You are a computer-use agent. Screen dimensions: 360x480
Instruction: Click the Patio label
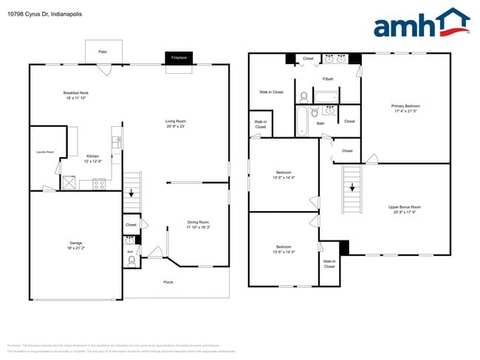103,52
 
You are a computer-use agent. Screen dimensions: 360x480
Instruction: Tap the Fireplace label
179,57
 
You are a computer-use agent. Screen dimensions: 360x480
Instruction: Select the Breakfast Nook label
75,95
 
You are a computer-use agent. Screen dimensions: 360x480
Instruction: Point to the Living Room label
175,123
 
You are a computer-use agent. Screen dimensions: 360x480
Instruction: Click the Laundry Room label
45,152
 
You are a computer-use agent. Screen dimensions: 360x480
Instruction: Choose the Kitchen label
92,158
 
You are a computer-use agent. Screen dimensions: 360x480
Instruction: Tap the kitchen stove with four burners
98,184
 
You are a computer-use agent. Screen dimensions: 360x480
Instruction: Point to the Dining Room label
198,224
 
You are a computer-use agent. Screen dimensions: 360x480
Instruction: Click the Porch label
168,282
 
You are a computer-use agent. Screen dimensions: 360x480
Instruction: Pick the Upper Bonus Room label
405,210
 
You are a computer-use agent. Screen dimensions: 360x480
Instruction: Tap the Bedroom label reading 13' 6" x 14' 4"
284,176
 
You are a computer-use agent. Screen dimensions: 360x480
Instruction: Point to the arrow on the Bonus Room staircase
352,187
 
